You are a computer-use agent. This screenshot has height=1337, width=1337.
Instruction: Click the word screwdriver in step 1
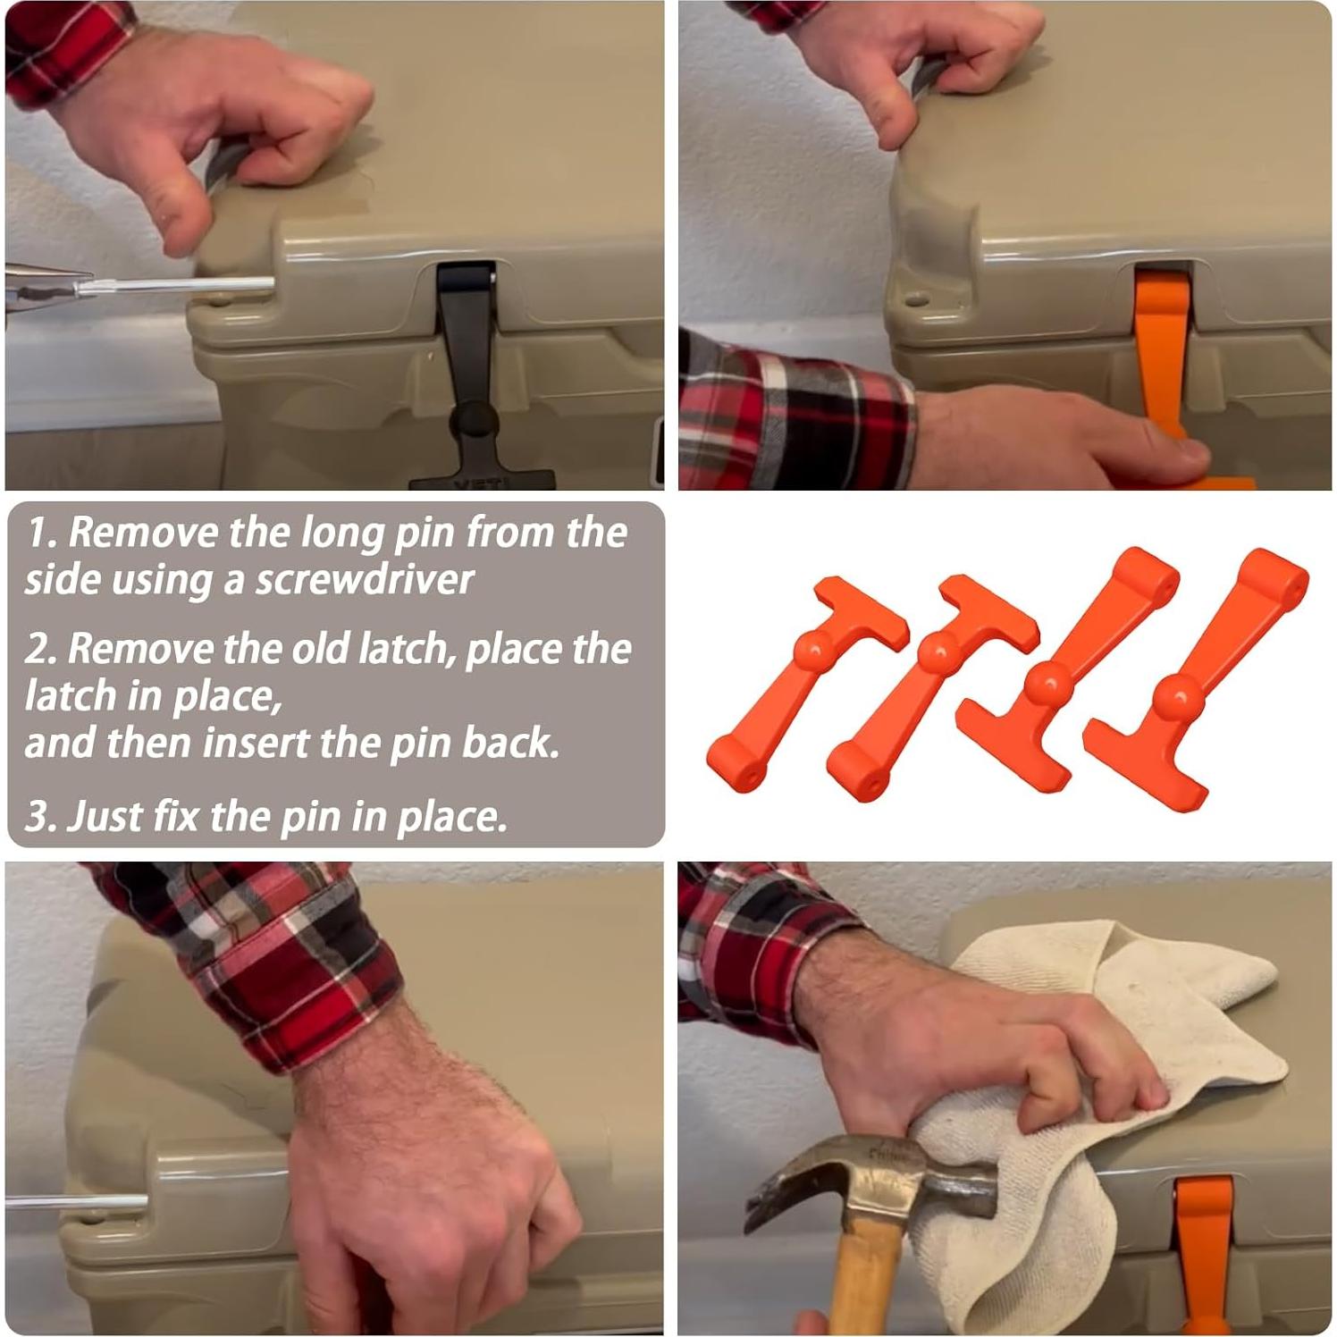(x=365, y=580)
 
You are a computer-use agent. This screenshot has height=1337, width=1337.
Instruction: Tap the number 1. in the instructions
(x=42, y=532)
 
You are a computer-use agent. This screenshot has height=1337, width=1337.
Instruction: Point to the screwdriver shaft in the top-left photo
(x=174, y=286)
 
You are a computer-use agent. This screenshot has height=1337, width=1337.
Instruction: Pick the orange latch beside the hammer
(x=1204, y=1256)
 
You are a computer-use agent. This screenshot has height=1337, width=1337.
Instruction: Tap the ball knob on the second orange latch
(x=937, y=652)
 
